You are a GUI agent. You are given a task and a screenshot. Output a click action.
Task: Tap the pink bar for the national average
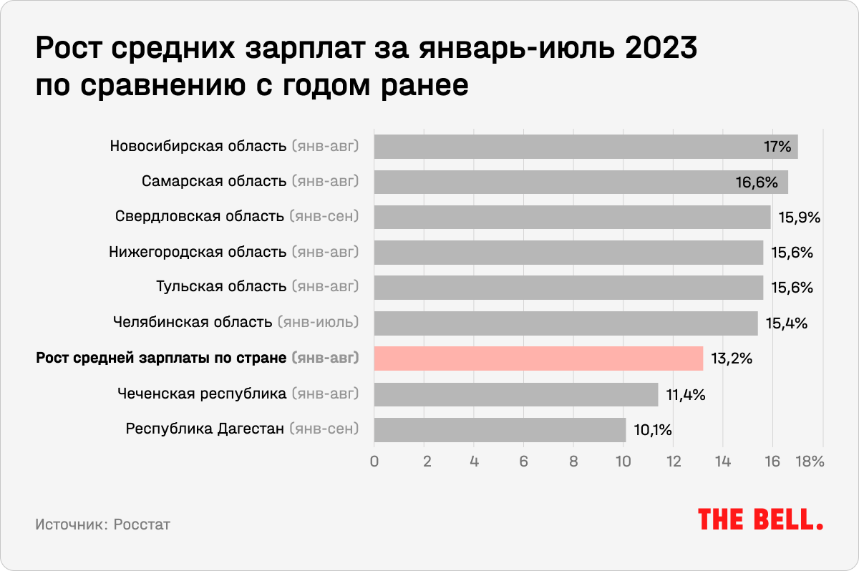tap(538, 358)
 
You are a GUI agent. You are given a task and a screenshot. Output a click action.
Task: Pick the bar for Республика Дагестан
tap(500, 429)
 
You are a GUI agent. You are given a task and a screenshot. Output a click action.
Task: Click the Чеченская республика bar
tap(515, 394)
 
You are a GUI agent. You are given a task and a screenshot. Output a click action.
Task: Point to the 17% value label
tap(777, 147)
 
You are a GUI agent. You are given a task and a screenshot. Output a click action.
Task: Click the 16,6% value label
tap(757, 182)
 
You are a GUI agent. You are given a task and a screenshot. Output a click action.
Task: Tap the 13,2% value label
tap(732, 358)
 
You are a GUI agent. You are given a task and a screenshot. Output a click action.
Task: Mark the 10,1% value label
tap(652, 429)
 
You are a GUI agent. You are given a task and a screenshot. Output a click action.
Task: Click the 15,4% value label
tap(787, 323)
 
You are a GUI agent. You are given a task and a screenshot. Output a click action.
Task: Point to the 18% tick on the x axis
tap(810, 462)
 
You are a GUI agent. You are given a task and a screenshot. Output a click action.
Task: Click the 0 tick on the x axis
tap(374, 462)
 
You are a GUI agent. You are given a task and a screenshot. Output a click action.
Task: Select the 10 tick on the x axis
tap(623, 462)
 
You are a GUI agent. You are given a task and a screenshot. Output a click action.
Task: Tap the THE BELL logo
tap(760, 519)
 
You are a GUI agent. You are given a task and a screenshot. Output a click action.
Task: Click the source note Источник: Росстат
tap(102, 524)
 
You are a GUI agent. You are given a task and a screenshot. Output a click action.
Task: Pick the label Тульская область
tap(221, 288)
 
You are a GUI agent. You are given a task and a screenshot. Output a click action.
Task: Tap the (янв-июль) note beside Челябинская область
tap(318, 323)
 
